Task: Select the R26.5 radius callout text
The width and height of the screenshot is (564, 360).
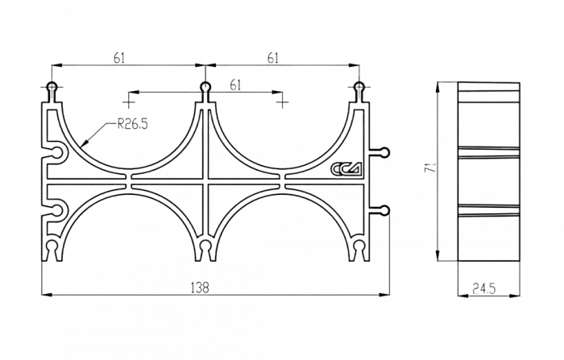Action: [x=133, y=123]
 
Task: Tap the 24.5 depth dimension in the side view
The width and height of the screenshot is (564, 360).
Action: [x=483, y=286]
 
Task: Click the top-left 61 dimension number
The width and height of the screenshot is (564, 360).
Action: [x=119, y=58]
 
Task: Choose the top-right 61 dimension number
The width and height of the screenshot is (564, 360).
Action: [x=275, y=58]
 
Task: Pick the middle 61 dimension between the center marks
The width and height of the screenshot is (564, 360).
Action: [x=234, y=84]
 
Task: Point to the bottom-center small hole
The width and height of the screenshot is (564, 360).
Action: [x=206, y=246]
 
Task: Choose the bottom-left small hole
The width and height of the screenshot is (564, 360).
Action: [x=52, y=246]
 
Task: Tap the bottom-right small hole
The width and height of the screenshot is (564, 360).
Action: [x=360, y=246]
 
